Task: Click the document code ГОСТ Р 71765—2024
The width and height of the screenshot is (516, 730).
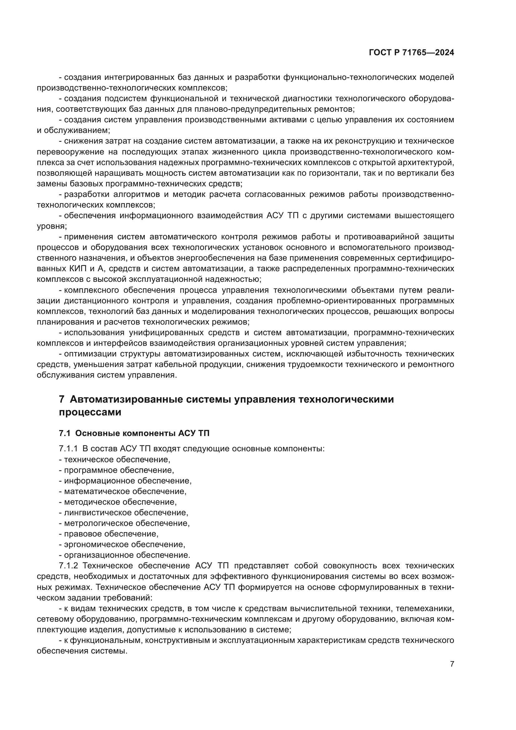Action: point(411,53)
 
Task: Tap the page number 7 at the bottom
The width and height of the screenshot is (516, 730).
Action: point(452,664)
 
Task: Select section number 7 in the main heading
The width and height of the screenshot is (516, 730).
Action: point(62,399)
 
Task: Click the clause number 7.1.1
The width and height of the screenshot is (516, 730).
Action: point(68,448)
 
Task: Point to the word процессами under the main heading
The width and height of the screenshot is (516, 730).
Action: point(90,412)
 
